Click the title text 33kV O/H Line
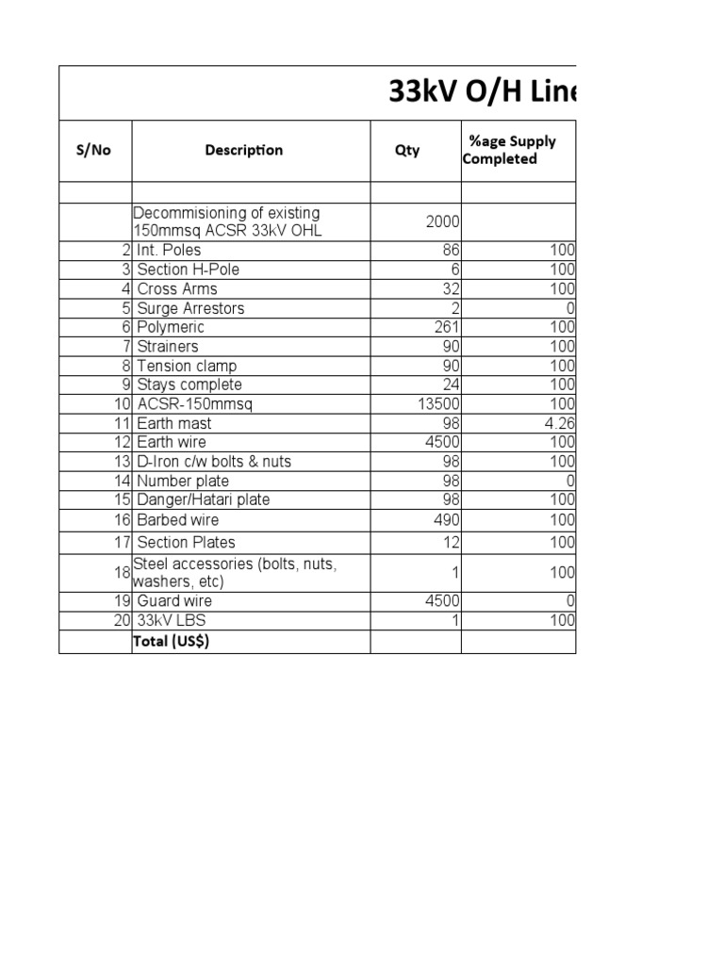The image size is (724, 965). click(x=482, y=93)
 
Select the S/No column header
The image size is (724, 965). click(x=93, y=150)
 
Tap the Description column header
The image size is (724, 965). click(x=243, y=150)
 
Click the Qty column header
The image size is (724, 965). click(x=407, y=150)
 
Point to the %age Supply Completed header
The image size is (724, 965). click(x=511, y=150)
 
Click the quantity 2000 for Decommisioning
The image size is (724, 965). click(x=441, y=221)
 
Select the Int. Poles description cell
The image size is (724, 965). click(x=169, y=251)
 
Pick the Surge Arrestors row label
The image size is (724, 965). click(x=190, y=308)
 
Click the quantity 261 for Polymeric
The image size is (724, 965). click(x=444, y=327)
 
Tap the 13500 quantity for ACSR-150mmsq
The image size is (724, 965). click(x=437, y=404)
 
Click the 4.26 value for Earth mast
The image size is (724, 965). click(x=559, y=423)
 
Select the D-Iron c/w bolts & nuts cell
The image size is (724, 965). click(x=214, y=462)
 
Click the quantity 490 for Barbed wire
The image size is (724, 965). click(x=444, y=520)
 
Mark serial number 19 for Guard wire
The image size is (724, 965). click(x=122, y=600)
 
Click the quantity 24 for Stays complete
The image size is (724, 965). click(x=449, y=384)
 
